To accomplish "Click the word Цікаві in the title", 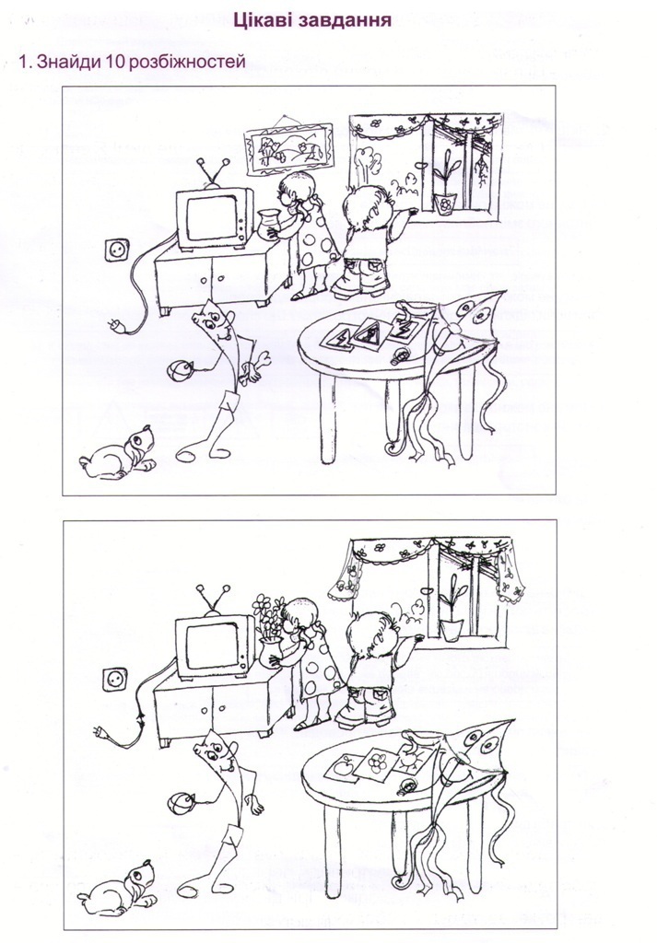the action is [x=262, y=20].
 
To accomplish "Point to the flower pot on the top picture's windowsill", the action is [x=444, y=204].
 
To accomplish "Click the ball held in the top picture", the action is [x=180, y=370].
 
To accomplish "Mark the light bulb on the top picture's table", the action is [x=399, y=357].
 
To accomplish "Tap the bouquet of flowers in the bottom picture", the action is [x=269, y=616].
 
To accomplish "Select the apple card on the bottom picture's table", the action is [x=343, y=769].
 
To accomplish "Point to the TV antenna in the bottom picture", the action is [x=214, y=600].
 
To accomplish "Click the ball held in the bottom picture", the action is [x=180, y=803].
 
